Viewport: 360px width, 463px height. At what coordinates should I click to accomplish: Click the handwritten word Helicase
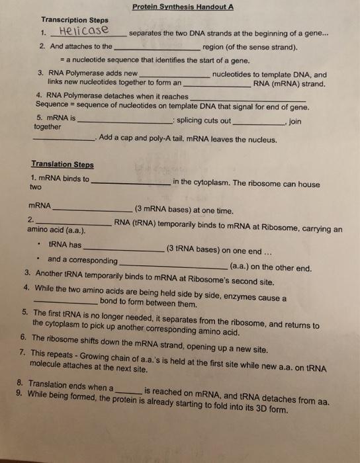(x=86, y=31)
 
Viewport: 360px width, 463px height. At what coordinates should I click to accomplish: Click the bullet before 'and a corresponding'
(x=40, y=259)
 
